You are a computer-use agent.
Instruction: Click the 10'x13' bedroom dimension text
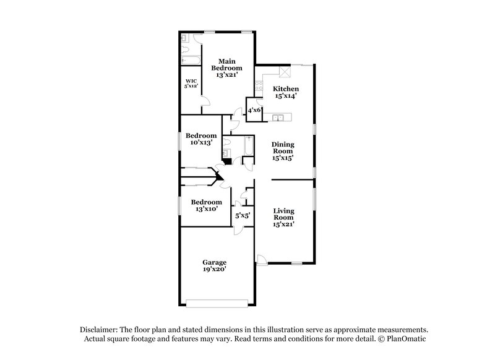[x=202, y=143]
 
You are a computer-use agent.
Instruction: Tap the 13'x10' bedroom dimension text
[x=206, y=209]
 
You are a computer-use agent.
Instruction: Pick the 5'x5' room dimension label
[x=242, y=216]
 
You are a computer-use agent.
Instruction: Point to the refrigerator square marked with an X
[x=285, y=72]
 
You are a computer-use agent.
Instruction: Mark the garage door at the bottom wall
[x=217, y=302]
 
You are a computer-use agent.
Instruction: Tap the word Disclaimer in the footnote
[x=99, y=330]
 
